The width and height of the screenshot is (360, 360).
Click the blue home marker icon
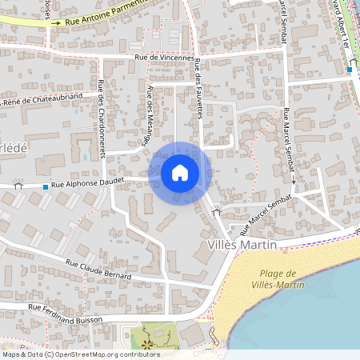click(180, 173)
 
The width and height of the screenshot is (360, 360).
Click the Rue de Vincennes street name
click(164, 58)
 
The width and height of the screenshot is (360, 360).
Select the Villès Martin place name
click(241, 244)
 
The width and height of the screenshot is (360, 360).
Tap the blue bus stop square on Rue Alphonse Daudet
click(45, 187)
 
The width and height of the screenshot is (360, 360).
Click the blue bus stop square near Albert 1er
click(350, 70)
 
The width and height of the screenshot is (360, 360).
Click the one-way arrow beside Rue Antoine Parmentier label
click(55, 23)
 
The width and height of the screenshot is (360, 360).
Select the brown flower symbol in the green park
click(146, 344)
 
